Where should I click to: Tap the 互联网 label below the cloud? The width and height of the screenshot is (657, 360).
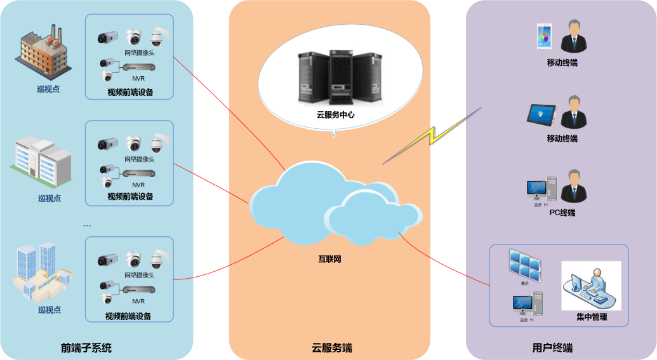pyautogui.click(x=329, y=260)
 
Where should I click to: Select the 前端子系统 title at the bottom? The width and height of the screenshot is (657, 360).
pyautogui.click(x=86, y=348)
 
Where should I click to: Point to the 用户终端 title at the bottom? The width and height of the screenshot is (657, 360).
pyautogui.click(x=552, y=348)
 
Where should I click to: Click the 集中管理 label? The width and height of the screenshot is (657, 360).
pyautogui.click(x=592, y=317)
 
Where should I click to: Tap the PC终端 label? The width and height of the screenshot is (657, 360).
pyautogui.click(x=562, y=213)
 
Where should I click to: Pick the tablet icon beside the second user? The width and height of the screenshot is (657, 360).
pyautogui.click(x=541, y=115)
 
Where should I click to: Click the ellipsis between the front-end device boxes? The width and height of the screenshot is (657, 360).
pyautogui.click(x=87, y=226)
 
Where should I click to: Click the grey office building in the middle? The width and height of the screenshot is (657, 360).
pyautogui.click(x=41, y=159)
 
